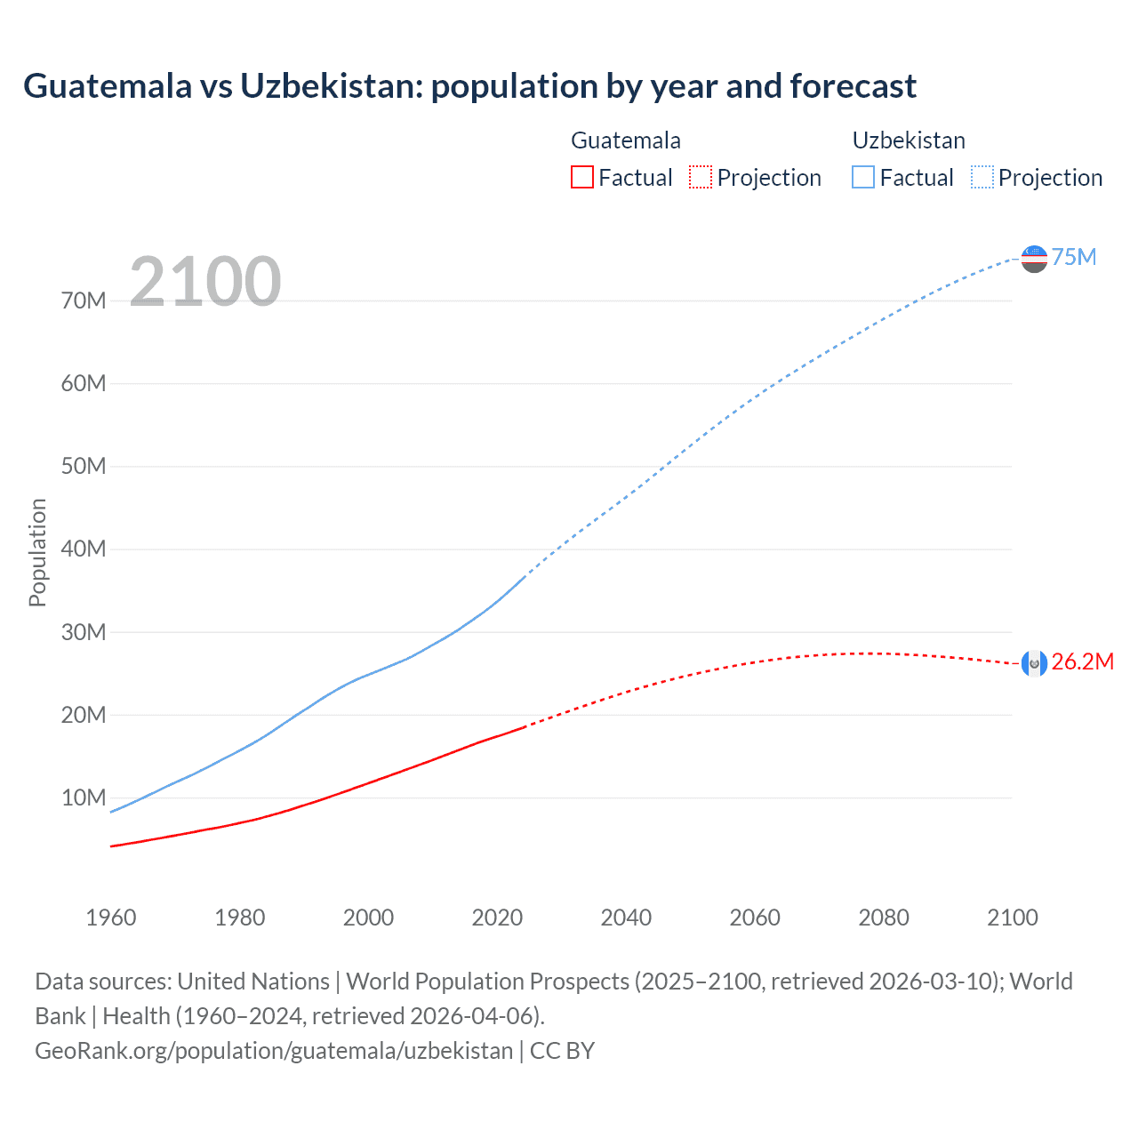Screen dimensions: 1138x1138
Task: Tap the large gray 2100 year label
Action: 205,282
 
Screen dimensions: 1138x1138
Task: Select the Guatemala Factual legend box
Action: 581,177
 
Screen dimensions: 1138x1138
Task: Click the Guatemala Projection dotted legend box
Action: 701,177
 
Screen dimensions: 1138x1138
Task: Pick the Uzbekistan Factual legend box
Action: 863,177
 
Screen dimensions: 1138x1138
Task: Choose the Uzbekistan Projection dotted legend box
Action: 982,177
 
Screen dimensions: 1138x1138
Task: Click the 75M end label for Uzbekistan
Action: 1074,257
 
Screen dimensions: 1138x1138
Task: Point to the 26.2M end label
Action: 1082,662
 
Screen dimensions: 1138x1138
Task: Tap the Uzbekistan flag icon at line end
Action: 1034,259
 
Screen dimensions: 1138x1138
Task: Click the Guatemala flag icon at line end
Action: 1034,663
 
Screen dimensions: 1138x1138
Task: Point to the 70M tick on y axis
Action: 84,301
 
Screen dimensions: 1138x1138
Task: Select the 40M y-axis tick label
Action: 84,549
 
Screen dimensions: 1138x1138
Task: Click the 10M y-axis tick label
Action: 84,797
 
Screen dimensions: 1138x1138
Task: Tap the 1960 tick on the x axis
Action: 111,918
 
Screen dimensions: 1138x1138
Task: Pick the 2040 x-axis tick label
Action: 626,918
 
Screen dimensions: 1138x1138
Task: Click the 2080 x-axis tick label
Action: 884,918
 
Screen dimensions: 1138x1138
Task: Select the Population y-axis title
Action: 37,552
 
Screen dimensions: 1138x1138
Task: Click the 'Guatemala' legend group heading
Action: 626,140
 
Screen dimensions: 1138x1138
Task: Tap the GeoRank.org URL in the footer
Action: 274,1051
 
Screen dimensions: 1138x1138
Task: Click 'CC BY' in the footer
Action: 562,1051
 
